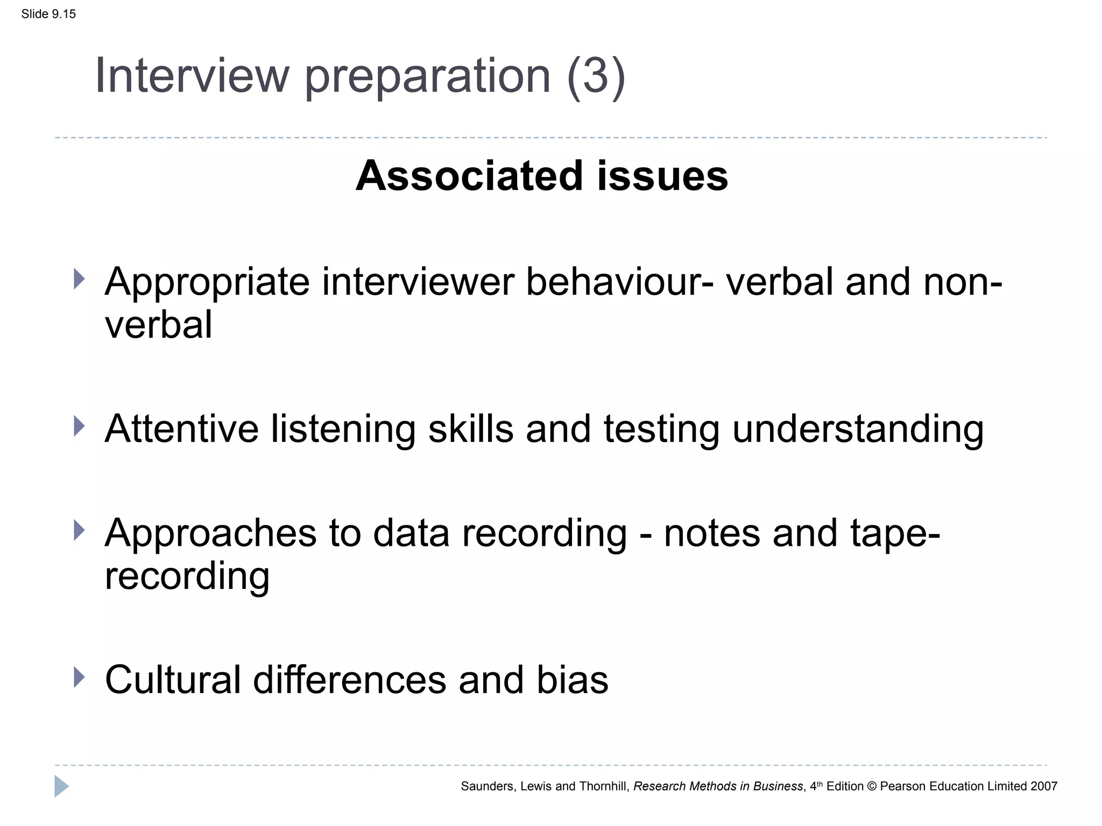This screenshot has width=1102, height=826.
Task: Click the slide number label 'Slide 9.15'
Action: click(x=48, y=14)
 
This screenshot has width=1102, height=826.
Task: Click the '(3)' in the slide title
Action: click(x=596, y=76)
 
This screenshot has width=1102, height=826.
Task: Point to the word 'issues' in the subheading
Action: click(x=662, y=176)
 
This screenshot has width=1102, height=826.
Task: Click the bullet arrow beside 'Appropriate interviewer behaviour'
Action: click(x=79, y=279)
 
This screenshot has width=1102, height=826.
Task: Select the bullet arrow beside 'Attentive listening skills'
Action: click(x=79, y=426)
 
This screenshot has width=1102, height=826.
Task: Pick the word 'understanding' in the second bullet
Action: click(x=858, y=429)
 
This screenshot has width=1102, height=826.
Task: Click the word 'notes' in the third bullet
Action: click(x=712, y=533)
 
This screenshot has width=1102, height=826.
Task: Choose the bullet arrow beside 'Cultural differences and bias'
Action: click(x=79, y=677)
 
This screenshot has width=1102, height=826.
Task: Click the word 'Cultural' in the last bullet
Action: click(x=173, y=680)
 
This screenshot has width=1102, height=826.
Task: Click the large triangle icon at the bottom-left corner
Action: click(x=61, y=786)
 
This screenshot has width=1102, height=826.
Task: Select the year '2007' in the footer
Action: click(x=1044, y=786)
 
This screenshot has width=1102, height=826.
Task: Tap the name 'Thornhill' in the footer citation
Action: click(x=603, y=786)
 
